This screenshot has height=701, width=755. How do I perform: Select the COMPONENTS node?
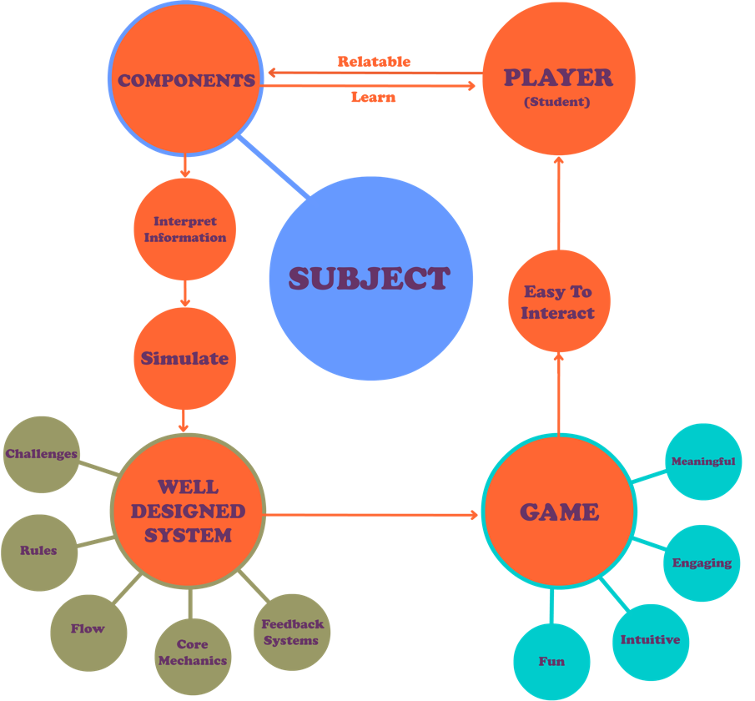186,80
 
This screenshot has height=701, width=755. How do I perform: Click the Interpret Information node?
184,229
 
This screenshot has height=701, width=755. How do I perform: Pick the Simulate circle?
184,359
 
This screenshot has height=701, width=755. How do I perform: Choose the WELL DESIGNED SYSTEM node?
188,511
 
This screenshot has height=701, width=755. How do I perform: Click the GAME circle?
559,511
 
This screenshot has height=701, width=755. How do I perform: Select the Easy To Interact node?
558,301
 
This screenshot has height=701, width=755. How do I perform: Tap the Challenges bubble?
42,455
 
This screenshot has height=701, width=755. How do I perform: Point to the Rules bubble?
38,552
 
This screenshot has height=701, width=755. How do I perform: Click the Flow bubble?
88,628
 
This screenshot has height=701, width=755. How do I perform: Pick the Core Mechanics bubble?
193,653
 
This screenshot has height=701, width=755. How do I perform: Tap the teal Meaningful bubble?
703,461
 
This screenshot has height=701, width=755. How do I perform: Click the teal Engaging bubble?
702,562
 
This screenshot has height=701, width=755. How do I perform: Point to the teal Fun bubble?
551,661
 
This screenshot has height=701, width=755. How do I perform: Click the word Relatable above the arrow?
374,62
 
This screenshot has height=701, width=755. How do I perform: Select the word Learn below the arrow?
373,98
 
